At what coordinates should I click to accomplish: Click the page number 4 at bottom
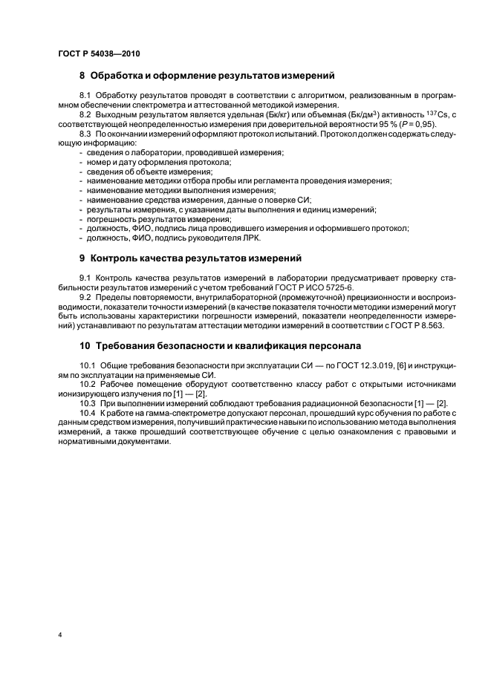point(59,636)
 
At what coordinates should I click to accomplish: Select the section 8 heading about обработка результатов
point(207,76)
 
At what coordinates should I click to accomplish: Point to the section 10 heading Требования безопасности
point(221,346)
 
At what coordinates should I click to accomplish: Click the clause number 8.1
point(85,97)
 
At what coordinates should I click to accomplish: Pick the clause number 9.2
point(85,297)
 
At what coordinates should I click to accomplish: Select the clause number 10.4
point(88,412)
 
